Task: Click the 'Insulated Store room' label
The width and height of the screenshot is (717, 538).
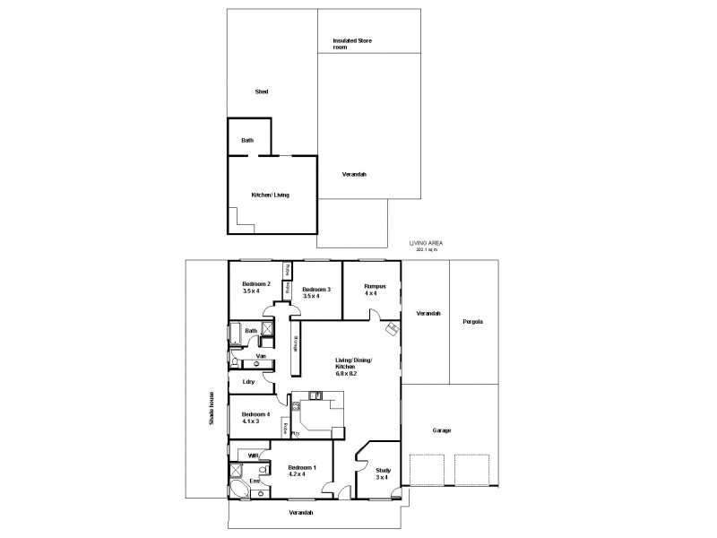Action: tap(352, 44)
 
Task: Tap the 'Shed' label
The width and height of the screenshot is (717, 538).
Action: tap(262, 91)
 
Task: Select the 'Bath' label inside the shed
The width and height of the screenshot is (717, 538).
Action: tap(247, 140)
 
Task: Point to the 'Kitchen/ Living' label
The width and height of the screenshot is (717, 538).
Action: tap(270, 195)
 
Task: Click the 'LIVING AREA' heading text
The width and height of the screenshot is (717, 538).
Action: tap(427, 243)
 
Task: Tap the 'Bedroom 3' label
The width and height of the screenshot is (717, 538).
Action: tap(316, 289)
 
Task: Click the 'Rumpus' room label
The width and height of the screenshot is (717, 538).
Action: tap(375, 287)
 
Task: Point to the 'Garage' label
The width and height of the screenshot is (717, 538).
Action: tap(442, 430)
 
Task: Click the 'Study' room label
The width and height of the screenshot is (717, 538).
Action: tap(382, 470)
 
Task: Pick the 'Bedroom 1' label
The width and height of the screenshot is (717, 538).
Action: tap(302, 469)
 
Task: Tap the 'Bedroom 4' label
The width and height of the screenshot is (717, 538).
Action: tap(255, 415)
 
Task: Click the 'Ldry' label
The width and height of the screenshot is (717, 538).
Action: tap(248, 382)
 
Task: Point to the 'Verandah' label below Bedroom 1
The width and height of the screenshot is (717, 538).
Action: tap(300, 512)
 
